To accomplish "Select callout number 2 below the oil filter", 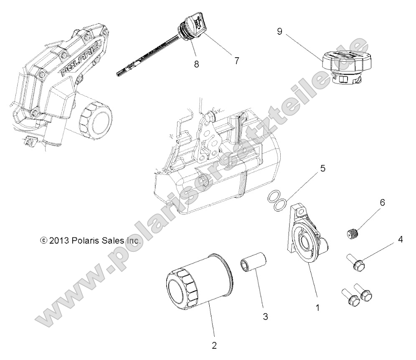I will click(215, 345).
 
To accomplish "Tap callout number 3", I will click(266, 317).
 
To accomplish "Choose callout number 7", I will click(236, 60).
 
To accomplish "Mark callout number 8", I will click(196, 64).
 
